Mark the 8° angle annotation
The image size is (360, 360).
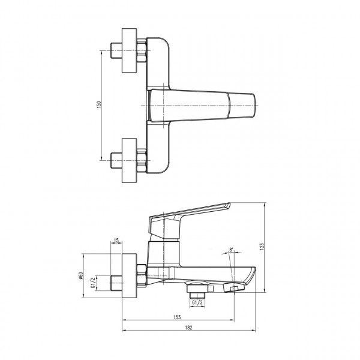click(231, 251)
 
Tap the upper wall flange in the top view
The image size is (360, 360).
click(130, 50)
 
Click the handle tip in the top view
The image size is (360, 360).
click(244, 106)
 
